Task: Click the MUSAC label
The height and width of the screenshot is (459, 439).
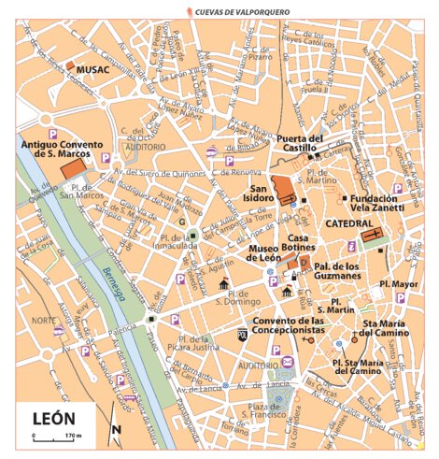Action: coord(93,69)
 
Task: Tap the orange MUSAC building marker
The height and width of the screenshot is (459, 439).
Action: coord(71,66)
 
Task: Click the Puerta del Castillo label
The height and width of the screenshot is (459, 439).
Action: coord(301,143)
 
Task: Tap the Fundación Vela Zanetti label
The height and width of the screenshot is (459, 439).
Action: coord(375,204)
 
